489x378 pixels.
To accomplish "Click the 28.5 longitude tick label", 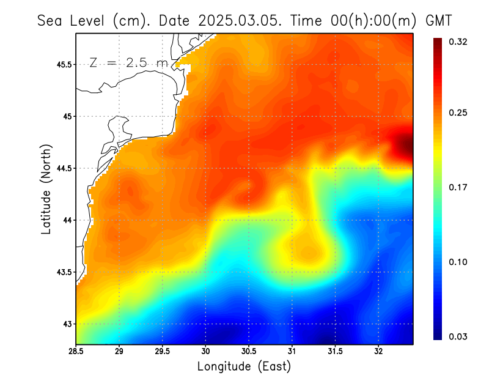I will [x=76, y=352].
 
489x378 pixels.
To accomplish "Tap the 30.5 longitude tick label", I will [x=249, y=352].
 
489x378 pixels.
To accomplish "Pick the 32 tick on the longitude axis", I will [x=378, y=352].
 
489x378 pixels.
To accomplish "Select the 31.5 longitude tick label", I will [x=335, y=352].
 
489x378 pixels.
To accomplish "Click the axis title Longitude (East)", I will [x=244, y=366].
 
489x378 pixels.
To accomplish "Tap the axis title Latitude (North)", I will [x=46, y=189].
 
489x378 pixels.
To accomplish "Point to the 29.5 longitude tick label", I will [x=163, y=352].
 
